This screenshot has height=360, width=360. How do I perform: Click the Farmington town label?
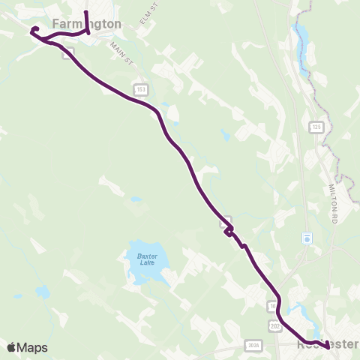pyautogui.click(x=87, y=24)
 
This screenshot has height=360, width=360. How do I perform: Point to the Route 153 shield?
pyautogui.click(x=140, y=89)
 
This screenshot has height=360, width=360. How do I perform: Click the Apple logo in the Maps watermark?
pyautogui.click(x=11, y=347)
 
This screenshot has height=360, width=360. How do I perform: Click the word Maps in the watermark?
pyautogui.click(x=33, y=347)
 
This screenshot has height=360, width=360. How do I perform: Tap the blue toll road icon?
pyautogui.click(x=306, y=238)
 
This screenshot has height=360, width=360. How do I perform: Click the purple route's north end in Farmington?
pyautogui.click(x=86, y=13)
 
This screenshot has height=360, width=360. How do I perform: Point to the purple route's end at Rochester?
pyautogui.click(x=328, y=346)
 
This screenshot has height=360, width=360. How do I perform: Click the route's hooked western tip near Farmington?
pyautogui.click(x=32, y=31)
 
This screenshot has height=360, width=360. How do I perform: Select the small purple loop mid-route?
pyautogui.click(x=227, y=232)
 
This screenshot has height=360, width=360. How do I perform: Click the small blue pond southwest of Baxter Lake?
pyautogui.click(x=43, y=291)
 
